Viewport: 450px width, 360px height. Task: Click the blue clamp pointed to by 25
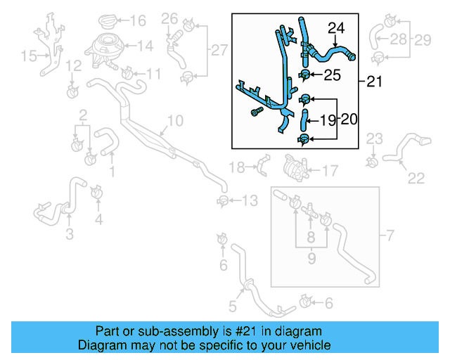[x=307, y=74]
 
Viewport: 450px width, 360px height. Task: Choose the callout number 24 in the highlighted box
[x=337, y=29]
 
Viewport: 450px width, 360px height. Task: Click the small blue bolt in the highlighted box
[x=256, y=111]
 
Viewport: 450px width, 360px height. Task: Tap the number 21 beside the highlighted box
[x=374, y=82]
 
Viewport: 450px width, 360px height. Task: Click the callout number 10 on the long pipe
[x=175, y=121]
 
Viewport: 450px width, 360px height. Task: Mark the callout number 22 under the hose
[x=416, y=177]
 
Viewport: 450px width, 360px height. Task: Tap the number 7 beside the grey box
[x=391, y=233]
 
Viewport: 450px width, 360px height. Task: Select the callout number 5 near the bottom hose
[x=233, y=306]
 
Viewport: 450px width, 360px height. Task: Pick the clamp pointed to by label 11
[x=127, y=73]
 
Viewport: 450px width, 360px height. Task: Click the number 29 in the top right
[x=422, y=40]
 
